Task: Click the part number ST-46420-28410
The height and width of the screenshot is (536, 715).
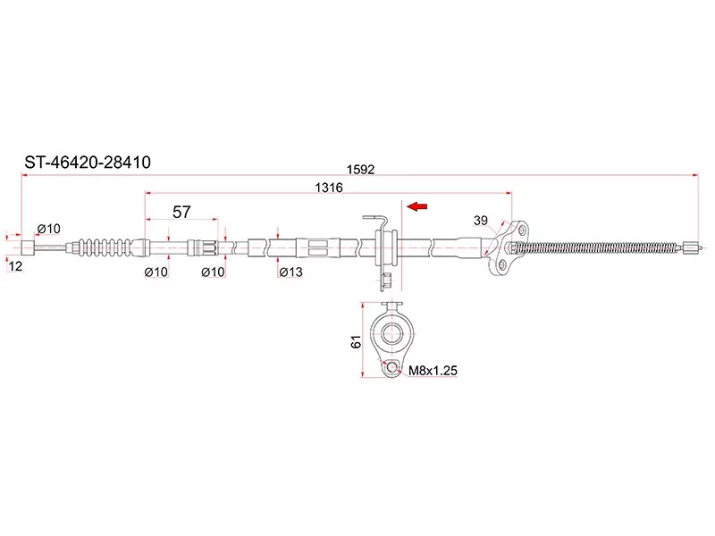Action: coord(87,163)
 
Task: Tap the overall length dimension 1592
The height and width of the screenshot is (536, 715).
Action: coord(360,170)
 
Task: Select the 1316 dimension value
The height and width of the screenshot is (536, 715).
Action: coord(328,188)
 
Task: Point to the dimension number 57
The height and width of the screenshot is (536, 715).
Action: coord(181,212)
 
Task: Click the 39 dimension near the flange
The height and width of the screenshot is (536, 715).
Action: coord(481,221)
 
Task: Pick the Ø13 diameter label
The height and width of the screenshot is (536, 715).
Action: coord(291,272)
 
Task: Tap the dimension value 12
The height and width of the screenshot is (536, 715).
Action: coord(15,266)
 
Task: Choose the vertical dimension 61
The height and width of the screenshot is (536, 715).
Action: coord(356,341)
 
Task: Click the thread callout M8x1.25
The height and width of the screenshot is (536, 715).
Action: coord(433,371)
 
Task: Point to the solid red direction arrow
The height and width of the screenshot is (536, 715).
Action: coord(416,206)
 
